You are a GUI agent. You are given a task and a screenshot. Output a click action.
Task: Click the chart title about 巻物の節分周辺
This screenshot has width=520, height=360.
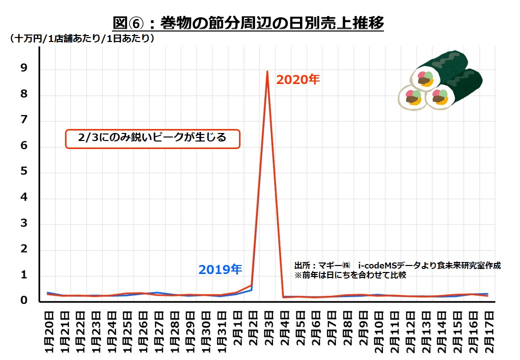[248, 22]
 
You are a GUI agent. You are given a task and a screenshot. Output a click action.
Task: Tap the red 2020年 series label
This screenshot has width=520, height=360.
[297, 79]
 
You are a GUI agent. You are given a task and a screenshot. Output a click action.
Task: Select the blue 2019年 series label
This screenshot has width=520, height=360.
[220, 270]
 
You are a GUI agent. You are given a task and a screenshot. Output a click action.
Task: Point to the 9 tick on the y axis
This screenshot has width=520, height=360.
[23, 69]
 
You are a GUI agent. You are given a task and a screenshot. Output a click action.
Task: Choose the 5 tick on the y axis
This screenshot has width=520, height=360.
[23, 172]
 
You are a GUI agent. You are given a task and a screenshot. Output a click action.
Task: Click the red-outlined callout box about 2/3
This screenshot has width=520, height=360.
[153, 138]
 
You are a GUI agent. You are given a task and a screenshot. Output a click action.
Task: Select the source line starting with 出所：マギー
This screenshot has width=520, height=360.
[397, 265]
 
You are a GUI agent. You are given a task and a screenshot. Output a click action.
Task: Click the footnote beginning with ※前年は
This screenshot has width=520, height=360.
[350, 275]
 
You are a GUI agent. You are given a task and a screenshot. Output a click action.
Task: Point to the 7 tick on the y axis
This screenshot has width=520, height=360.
[23, 121]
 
